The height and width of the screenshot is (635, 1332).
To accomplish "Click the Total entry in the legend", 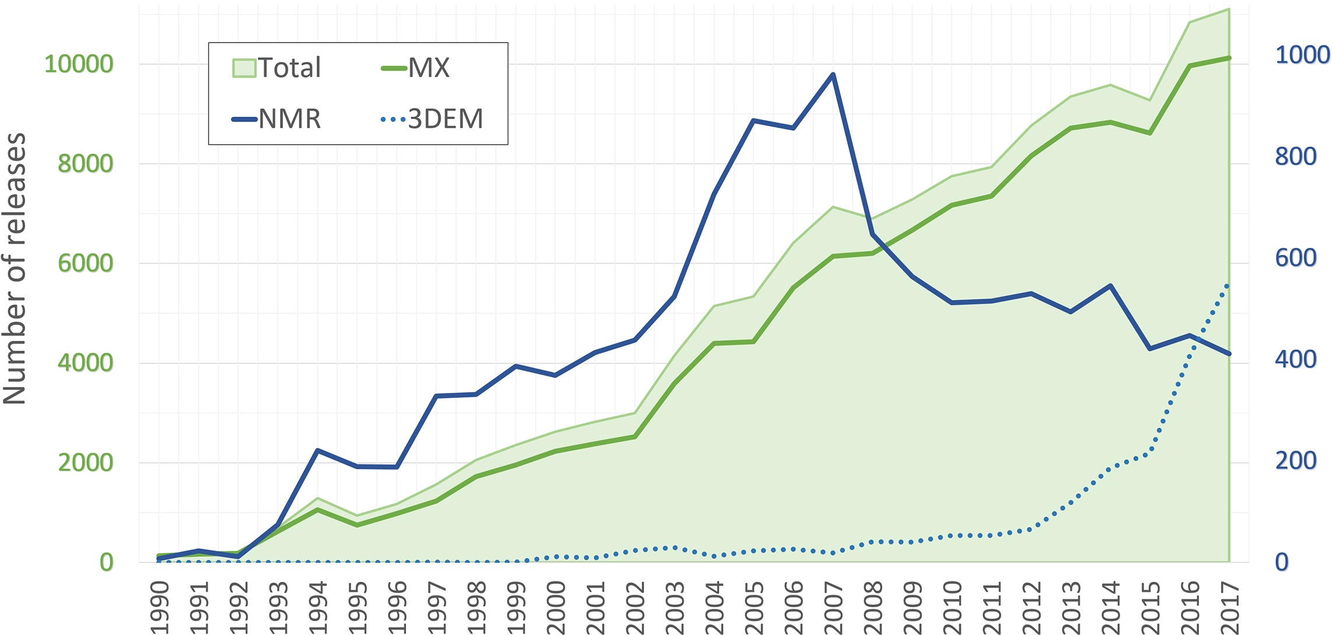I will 278,68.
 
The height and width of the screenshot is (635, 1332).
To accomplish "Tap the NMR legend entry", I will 277,119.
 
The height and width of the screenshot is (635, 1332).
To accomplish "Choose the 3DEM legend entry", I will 432,119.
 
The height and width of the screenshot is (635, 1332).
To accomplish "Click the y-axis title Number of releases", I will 15,268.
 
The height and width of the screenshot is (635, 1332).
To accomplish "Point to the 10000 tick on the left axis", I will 79,64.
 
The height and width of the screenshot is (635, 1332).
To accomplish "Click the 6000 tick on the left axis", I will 85,263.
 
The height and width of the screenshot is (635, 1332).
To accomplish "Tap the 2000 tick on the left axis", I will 85,463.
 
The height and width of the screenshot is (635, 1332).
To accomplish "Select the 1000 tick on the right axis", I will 1302,55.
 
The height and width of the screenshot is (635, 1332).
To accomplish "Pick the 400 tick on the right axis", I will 1296,360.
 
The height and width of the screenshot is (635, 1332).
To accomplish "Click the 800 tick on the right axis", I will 1296,156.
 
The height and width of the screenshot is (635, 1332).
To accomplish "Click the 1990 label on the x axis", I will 159,607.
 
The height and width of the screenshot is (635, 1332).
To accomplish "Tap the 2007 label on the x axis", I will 833,607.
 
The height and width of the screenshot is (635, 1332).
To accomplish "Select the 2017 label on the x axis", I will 1229,607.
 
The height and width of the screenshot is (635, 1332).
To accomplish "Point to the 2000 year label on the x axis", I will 555,607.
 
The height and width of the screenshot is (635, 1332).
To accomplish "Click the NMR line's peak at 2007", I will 833,74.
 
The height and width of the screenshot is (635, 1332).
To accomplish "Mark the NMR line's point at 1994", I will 317,450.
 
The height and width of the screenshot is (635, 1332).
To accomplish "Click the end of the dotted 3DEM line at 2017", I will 1228,284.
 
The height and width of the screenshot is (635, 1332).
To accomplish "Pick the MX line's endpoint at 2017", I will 1229,58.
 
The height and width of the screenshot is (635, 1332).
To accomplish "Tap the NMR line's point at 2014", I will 1110,285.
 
